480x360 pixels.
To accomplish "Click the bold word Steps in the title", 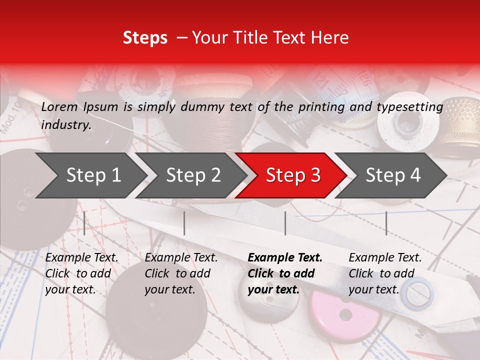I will tap(145, 38).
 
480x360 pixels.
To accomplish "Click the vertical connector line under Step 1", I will tap(84, 223).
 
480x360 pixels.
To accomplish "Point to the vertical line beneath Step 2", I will tap(184, 223).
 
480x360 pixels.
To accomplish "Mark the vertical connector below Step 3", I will tap(285, 223).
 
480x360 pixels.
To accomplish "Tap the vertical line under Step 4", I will tap(386, 223).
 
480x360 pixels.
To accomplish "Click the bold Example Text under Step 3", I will tap(285, 273).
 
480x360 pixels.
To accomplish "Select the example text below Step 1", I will tap(81, 273).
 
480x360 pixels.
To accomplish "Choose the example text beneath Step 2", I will tap(181, 273).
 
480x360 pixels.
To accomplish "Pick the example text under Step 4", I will tap(385, 273).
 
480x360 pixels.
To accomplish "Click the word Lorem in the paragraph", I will tap(59, 107).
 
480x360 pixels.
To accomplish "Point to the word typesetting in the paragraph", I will tap(409, 107).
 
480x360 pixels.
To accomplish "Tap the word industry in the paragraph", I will tap(66, 124).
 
